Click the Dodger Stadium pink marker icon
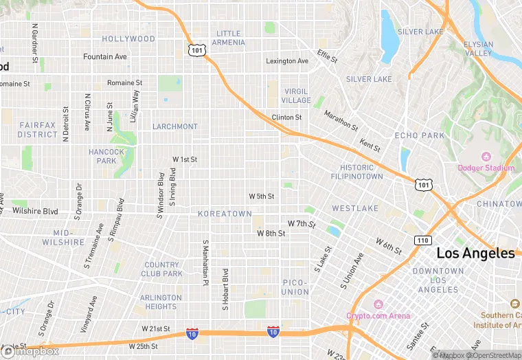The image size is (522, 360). click(x=486, y=157)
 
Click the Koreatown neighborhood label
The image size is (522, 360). click(x=225, y=214)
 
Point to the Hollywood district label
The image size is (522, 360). click(x=128, y=39)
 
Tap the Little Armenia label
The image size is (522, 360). click(x=229, y=38)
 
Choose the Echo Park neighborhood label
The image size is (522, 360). click(x=420, y=135)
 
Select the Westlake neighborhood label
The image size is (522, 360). click(x=355, y=207)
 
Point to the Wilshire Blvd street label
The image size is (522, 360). click(x=35, y=211)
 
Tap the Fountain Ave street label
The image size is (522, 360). click(x=105, y=56)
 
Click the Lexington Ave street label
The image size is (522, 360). click(x=287, y=61)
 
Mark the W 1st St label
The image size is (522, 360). click(x=185, y=159)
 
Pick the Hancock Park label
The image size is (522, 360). click(x=106, y=156)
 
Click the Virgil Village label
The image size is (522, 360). click(x=296, y=95)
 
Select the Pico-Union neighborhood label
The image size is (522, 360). click(x=295, y=287)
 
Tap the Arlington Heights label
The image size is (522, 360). click(x=161, y=302)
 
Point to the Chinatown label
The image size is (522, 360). click(x=499, y=204)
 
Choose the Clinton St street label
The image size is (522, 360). click(x=286, y=117)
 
